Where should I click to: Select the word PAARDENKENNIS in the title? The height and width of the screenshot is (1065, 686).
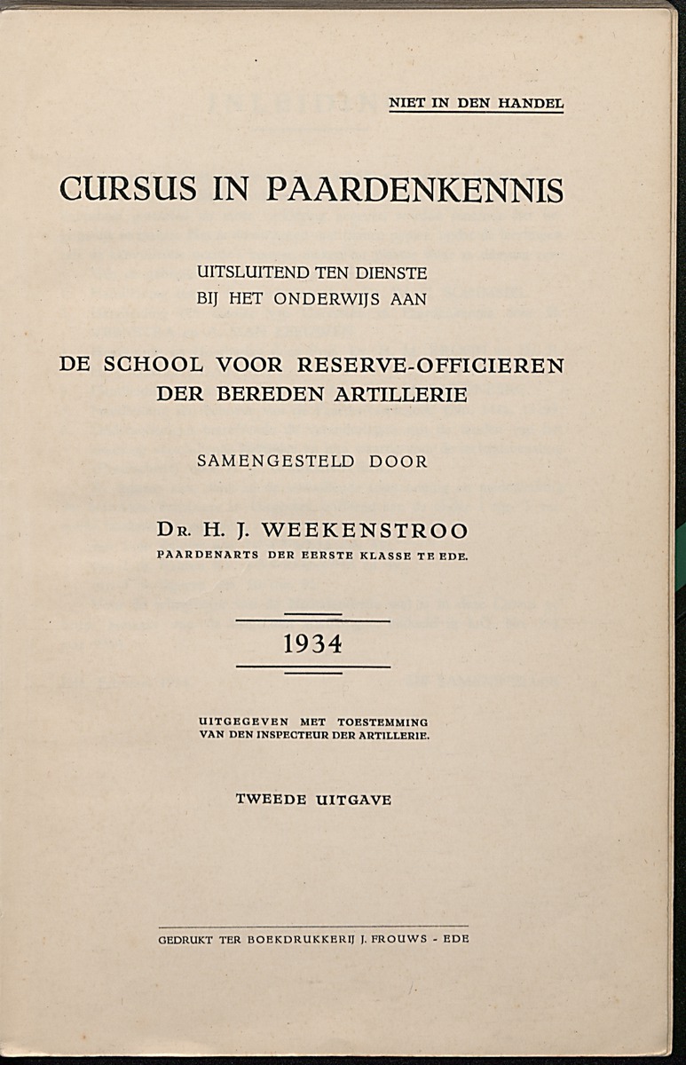415,190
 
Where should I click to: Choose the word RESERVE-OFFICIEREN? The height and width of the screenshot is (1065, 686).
431,365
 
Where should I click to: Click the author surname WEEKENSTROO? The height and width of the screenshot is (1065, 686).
366,532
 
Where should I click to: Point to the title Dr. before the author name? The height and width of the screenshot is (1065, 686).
173,532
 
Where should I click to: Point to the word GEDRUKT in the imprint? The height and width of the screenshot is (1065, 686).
185,939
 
